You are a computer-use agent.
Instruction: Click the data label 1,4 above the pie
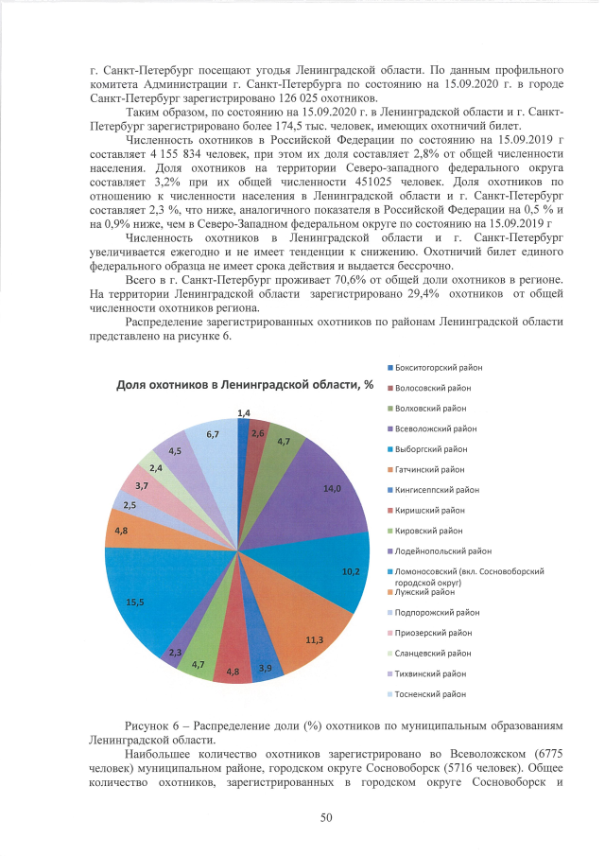[x=243, y=413]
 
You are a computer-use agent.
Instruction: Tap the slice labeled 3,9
[x=266, y=668]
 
